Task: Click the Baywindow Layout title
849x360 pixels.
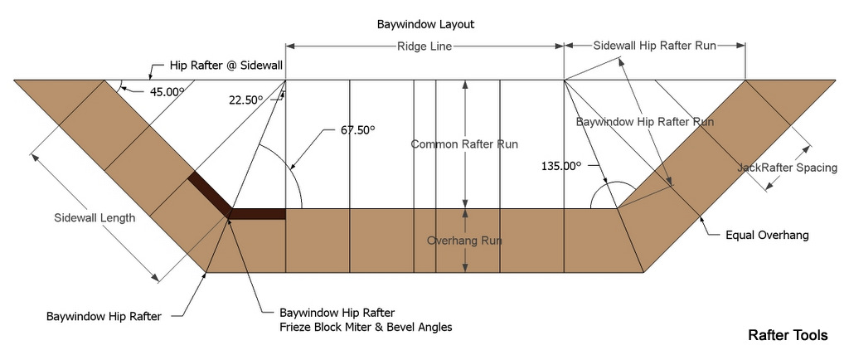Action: (x=425, y=25)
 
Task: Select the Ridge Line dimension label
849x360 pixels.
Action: (x=424, y=47)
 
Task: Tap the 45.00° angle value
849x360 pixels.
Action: (x=166, y=92)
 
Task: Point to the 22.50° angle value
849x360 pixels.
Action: (x=245, y=100)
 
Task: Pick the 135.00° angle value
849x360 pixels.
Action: (x=560, y=165)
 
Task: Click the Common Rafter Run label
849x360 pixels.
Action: (x=464, y=144)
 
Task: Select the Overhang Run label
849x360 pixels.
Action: (x=464, y=241)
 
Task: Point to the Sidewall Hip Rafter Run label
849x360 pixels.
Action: (x=654, y=46)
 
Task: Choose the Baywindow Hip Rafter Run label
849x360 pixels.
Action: (x=645, y=121)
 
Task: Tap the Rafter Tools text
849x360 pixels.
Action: (x=788, y=336)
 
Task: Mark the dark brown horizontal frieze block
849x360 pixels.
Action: (x=258, y=214)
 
